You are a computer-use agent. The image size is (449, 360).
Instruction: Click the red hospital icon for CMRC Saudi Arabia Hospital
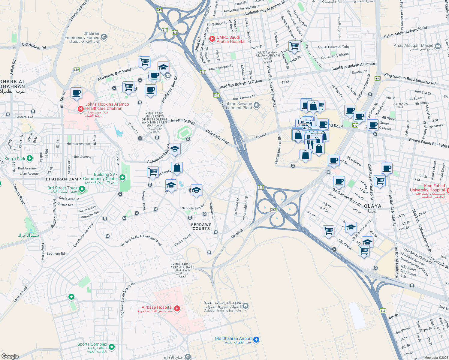[212, 39]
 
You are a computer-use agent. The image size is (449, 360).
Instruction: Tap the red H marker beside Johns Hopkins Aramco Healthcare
[80, 109]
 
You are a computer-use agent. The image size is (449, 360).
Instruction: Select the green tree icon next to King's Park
[29, 158]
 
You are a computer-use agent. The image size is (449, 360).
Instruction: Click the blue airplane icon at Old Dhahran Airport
[256, 340]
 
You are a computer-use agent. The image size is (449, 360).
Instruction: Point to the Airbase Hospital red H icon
[177, 308]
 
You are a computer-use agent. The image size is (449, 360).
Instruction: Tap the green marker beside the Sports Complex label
[112, 347]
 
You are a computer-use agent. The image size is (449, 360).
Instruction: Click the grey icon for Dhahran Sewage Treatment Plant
[257, 105]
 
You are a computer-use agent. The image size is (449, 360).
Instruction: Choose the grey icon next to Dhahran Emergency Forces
[104, 37]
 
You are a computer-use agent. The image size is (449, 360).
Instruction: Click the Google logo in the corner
[10, 356]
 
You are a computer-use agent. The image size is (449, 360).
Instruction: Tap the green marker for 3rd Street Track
[82, 189]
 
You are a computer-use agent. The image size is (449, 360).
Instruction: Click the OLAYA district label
[372, 206]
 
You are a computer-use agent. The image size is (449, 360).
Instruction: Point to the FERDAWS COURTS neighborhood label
[201, 226]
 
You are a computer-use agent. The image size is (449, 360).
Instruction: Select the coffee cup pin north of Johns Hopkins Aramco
[76, 93]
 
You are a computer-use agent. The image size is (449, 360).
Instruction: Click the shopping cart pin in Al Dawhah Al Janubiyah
[294, 46]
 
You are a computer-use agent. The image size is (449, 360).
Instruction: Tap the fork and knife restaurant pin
[310, 144]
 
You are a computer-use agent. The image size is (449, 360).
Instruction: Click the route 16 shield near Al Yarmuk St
[443, 257]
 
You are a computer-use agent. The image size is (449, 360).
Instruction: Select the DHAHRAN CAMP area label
[63, 179]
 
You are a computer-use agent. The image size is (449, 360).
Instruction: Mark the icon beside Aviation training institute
[246, 306]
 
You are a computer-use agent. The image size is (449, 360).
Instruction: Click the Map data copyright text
[435, 358]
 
